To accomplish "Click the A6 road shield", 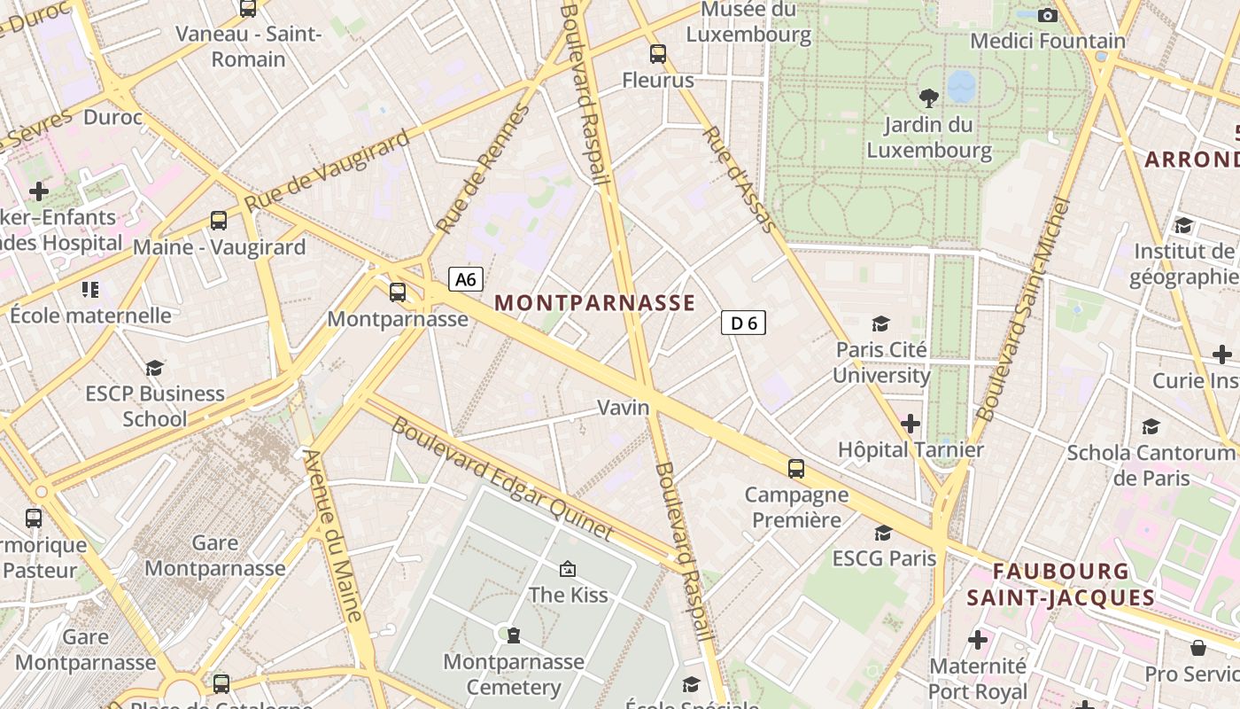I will [466, 280].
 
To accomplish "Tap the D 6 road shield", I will [744, 323].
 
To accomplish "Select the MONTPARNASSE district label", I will [594, 302].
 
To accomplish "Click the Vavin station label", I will [624, 408].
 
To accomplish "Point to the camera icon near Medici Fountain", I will [1048, 15].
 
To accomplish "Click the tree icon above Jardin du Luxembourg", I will [928, 97].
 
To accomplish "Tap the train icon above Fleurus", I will [657, 53].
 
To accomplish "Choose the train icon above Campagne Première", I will [796, 468].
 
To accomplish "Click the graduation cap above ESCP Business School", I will [155, 368].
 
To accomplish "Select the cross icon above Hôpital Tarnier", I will [911, 424].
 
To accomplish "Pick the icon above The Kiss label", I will [568, 568].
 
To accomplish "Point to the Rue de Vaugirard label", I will [328, 170].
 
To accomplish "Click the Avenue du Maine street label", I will [333, 535].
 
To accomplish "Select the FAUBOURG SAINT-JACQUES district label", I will [1061, 584].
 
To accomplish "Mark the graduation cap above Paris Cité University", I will [880, 323].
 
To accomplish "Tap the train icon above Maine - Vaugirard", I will [219, 221].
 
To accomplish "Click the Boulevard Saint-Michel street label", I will [1023, 308].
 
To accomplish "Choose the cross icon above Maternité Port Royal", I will [978, 639].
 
